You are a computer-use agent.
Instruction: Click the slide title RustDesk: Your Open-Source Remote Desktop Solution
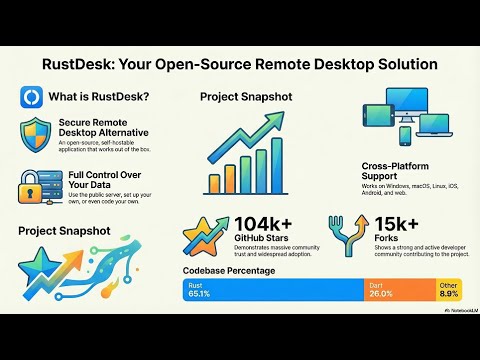(240, 64)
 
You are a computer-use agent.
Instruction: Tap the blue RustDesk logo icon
(31, 97)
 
